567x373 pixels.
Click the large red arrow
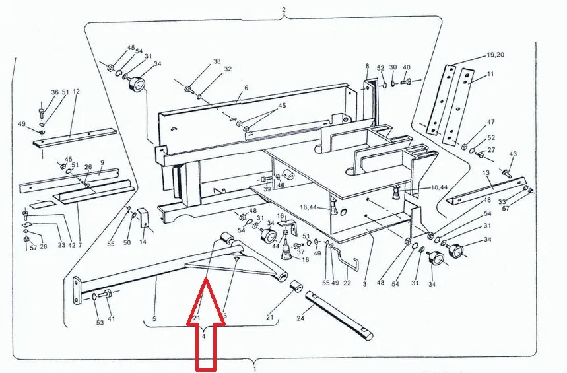(206, 325)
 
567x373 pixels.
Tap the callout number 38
(217, 61)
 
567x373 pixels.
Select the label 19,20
(496, 55)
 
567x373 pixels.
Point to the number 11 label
(490, 74)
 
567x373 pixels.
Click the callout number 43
(513, 154)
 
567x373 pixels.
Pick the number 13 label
(486, 173)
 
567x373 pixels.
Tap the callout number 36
(55, 92)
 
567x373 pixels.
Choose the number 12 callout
(76, 92)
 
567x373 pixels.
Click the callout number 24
(300, 318)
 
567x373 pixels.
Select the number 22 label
(347, 283)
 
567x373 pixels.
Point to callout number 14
(143, 242)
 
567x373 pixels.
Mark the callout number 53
(100, 323)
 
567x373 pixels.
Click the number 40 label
(407, 67)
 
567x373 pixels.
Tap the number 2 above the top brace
(284, 10)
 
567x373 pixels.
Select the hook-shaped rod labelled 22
(346, 257)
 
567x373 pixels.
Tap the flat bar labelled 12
(75, 137)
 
